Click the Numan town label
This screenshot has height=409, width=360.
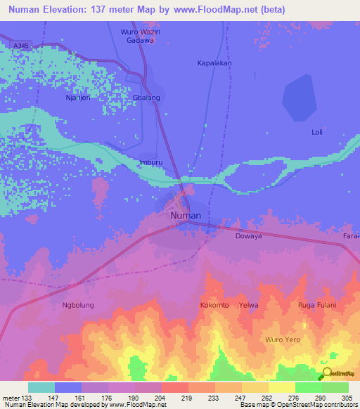[186, 216]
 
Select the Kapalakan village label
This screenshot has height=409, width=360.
[213, 63]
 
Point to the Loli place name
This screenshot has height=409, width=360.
[317, 132]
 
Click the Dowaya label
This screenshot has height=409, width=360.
[248, 236]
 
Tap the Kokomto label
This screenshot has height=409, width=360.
[214, 306]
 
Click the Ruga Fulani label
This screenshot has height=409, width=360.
[317, 306]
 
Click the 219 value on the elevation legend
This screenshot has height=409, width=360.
[187, 398]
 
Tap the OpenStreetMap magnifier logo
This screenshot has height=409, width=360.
[328, 374]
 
